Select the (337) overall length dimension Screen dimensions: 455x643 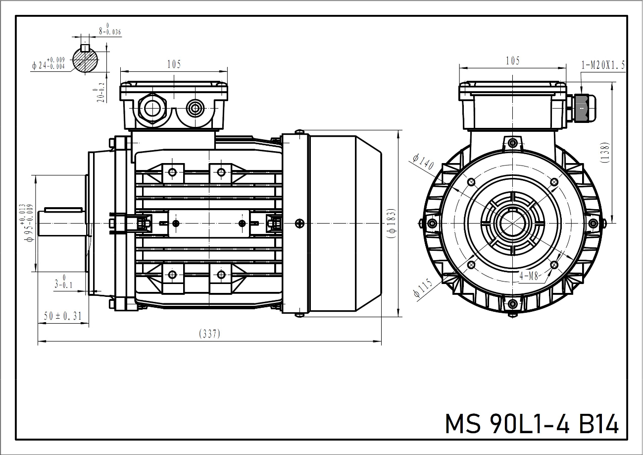(x=209, y=334)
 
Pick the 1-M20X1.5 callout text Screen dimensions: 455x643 (x=603, y=65)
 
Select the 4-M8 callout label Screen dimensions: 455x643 (x=529, y=276)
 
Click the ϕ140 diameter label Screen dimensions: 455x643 (x=422, y=162)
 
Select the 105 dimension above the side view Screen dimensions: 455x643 (x=174, y=64)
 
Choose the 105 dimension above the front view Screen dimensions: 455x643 (x=513, y=60)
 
